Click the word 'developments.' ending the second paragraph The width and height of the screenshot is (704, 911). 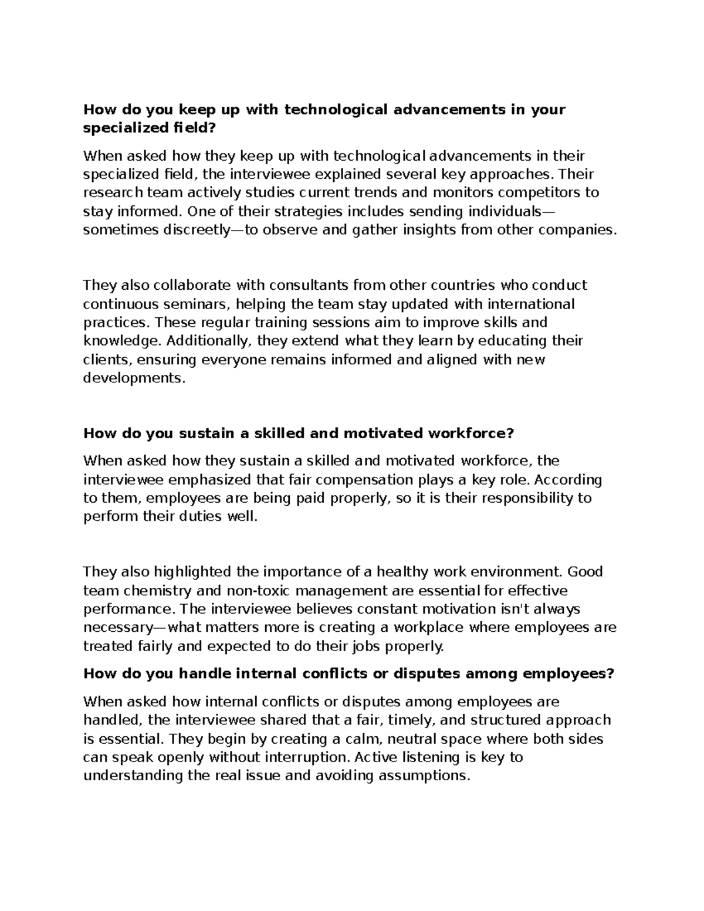coord(134,378)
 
